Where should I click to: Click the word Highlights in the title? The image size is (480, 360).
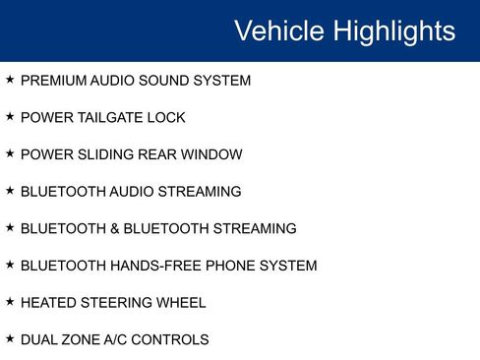tap(394, 31)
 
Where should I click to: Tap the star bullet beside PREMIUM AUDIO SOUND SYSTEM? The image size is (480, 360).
tap(10, 80)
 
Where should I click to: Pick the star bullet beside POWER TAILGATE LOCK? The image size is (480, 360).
tap(10, 117)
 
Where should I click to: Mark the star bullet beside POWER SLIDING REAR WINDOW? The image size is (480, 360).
tap(10, 153)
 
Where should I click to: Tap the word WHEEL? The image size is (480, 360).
tap(181, 303)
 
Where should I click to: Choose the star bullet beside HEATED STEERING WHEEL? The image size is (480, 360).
tap(10, 302)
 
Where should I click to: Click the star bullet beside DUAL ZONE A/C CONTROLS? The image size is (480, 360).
tap(10, 339)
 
